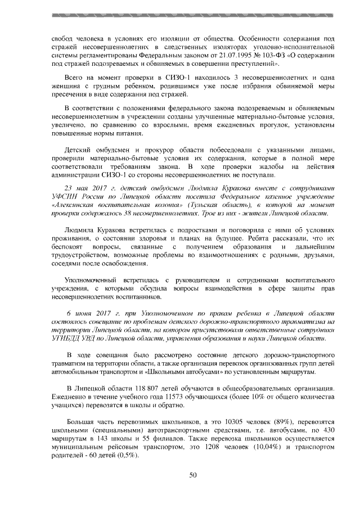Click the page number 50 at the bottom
point(192,476)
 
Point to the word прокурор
point(130,150)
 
